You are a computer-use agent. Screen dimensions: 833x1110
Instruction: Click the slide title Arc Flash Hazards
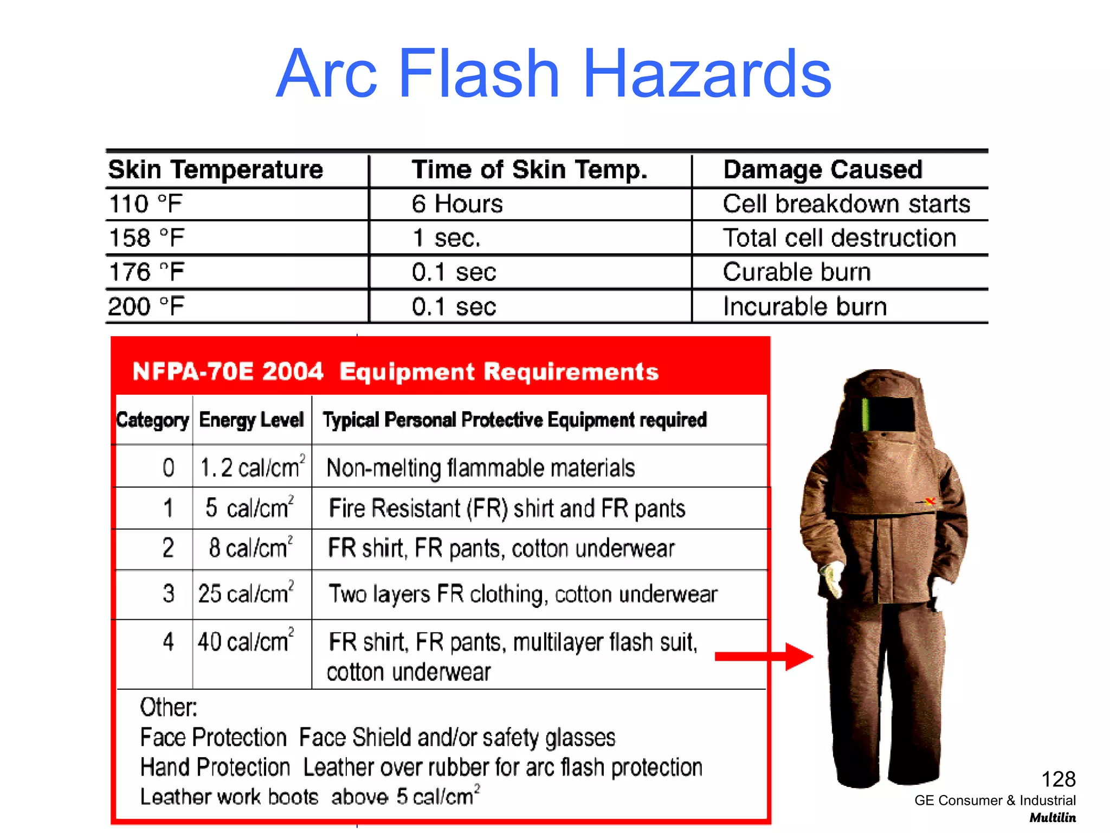[x=553, y=74]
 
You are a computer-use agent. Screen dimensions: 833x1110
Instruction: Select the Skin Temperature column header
[x=215, y=170]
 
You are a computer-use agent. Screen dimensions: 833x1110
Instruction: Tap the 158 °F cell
[x=146, y=238]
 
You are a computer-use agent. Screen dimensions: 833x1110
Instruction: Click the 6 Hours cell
[x=457, y=204]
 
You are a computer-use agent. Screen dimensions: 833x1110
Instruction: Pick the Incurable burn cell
[x=805, y=307]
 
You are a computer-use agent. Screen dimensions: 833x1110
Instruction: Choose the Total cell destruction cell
[x=839, y=238]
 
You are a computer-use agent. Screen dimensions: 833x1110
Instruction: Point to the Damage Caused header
[x=822, y=170]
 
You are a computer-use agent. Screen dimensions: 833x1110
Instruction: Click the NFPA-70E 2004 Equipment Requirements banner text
[x=395, y=372]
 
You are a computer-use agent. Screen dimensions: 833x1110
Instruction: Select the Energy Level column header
[x=251, y=420]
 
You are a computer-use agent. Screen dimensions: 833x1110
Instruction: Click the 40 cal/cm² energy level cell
[x=246, y=642]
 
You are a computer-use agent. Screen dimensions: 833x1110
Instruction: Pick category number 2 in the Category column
[x=168, y=548]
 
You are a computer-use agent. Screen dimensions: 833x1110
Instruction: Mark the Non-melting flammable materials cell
[x=480, y=468]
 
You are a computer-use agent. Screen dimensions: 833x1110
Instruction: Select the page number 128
[x=1058, y=779]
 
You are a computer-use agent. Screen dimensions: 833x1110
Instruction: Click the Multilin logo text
[x=1053, y=818]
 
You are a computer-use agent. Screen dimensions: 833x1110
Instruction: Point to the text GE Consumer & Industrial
[x=995, y=800]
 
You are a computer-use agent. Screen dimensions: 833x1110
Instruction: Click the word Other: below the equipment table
[x=169, y=707]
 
